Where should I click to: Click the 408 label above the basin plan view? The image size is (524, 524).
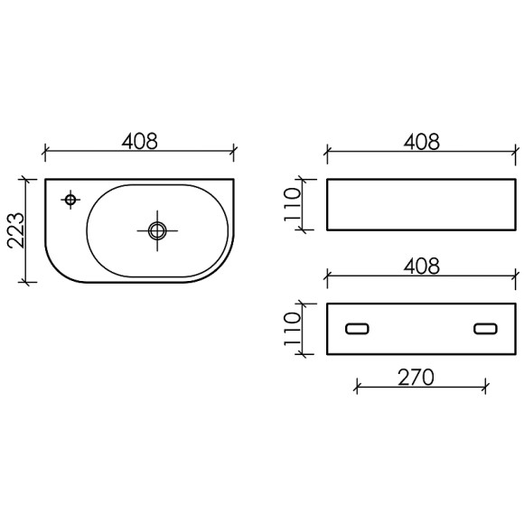coord(139,142)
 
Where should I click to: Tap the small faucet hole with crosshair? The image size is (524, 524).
coord(70,198)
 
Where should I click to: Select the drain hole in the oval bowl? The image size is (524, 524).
coord(156,229)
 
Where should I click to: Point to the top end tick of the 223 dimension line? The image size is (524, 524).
coord(29,179)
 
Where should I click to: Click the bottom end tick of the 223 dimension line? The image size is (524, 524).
coord(29,282)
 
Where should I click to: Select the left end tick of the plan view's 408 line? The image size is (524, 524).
coord(45,152)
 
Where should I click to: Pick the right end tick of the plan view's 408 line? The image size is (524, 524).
coord(234,152)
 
